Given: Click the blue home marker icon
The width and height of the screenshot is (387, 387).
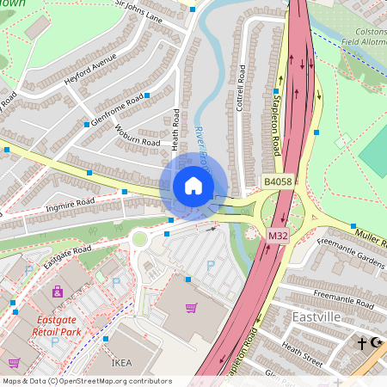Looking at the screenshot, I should [x=193, y=186].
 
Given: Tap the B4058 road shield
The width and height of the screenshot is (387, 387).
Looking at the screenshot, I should [x=277, y=182].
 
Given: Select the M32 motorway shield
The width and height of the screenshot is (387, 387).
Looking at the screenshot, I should [x=277, y=235].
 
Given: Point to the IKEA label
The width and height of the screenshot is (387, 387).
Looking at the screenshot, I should [x=121, y=364].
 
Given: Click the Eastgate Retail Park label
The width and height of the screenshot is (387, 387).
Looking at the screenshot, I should [x=61, y=325].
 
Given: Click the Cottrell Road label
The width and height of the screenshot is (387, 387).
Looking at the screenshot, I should [x=241, y=97].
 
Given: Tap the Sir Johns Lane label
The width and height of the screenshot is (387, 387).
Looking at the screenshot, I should [x=139, y=10].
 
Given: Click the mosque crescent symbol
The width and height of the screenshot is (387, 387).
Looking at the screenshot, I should [x=377, y=343].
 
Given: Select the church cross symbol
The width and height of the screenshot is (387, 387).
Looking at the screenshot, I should [x=363, y=344].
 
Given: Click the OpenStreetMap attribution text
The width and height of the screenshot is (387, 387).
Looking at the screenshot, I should [x=86, y=381].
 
